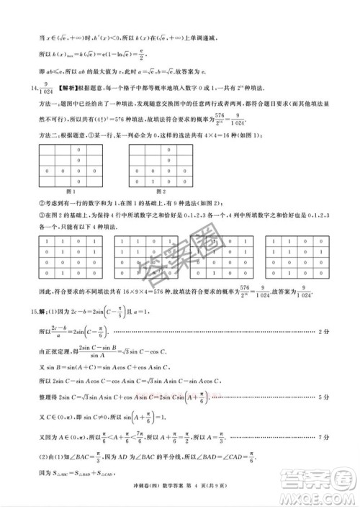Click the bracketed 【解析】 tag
coord(48,86)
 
